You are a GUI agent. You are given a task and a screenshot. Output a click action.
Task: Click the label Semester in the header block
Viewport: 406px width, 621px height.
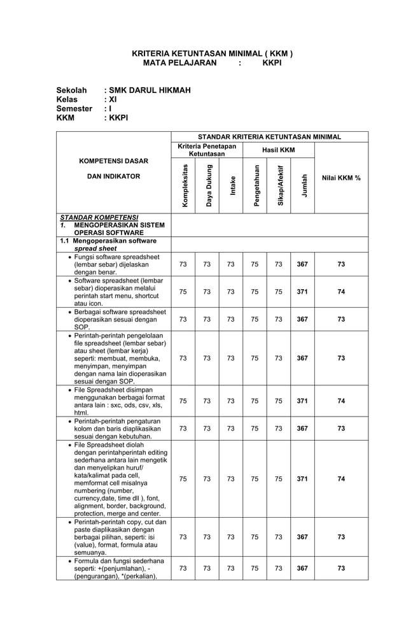pyautogui.click(x=74, y=109)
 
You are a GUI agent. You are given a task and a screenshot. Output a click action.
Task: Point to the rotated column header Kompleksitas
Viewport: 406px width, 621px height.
pyautogui.click(x=184, y=185)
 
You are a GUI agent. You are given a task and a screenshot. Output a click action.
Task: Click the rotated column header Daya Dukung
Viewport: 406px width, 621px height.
pyautogui.click(x=207, y=185)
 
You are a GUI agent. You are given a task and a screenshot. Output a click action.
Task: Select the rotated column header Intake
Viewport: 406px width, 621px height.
pyautogui.click(x=231, y=185)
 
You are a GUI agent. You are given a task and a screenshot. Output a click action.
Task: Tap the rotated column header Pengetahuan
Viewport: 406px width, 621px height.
pyautogui.click(x=255, y=185)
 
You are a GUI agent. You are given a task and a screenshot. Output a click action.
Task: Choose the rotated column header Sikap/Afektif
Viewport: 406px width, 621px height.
pyautogui.click(x=279, y=185)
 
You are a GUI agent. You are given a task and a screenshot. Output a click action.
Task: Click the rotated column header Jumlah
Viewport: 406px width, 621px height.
pyautogui.click(x=303, y=185)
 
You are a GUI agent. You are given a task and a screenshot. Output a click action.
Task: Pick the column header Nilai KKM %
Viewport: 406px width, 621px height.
pyautogui.click(x=341, y=178)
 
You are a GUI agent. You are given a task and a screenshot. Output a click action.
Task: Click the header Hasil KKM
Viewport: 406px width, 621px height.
pyautogui.click(x=279, y=150)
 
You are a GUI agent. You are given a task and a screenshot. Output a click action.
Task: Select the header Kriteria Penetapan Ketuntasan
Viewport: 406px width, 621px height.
pyautogui.click(x=207, y=150)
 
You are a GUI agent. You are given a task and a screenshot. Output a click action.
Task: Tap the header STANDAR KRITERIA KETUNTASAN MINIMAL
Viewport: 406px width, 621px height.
pyautogui.click(x=269, y=136)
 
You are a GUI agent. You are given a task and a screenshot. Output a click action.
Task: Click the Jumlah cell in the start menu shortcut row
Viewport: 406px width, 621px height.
pyautogui.click(x=303, y=292)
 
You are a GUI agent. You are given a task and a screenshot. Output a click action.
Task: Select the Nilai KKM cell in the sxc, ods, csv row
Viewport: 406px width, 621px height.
pyautogui.click(x=341, y=401)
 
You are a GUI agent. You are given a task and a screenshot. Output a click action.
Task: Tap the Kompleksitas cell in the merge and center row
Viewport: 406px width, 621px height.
pyautogui.click(x=183, y=479)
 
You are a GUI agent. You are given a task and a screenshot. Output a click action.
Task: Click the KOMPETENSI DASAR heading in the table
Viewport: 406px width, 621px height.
pyautogui.click(x=113, y=161)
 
